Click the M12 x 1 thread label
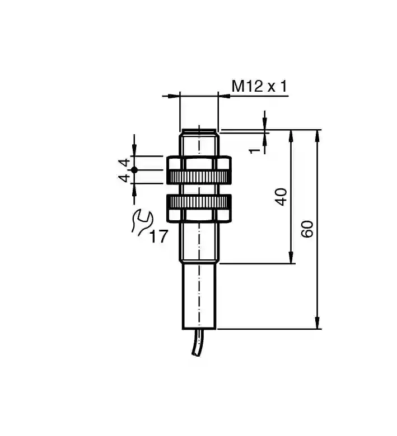[x=259, y=86]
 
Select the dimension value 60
[x=307, y=229]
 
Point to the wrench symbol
[x=142, y=223]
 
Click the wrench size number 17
[x=159, y=236]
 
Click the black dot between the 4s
[x=134, y=170]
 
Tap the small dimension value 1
[x=254, y=151]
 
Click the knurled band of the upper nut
[x=199, y=176]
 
